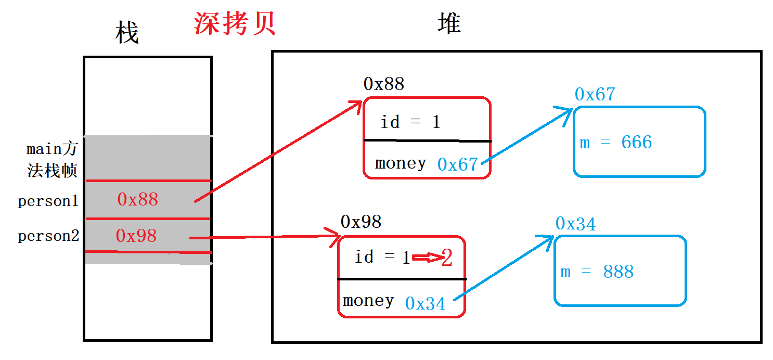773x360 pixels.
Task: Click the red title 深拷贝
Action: pos(235,23)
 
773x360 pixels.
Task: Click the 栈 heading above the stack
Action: pos(126,33)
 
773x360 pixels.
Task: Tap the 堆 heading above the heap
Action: pos(449,23)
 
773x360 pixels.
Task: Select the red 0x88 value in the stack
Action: pos(137,199)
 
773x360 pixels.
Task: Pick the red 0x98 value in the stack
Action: pos(136,236)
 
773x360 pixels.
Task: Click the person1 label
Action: pos(48,201)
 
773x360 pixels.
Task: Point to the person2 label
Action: pos(48,236)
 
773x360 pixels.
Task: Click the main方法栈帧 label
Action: pos(52,160)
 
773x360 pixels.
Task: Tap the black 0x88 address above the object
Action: pos(384,84)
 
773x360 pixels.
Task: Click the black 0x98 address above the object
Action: pos(361,222)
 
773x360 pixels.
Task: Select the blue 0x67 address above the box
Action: pos(595,94)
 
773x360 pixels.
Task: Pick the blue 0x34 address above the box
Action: pos(575,224)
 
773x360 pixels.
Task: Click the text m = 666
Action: pos(616,143)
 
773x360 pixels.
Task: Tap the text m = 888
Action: pos(597,272)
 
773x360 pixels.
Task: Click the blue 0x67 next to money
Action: pos(457,164)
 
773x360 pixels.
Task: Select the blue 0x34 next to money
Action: pos(425,304)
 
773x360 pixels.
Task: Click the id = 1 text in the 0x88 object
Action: pos(410,122)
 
